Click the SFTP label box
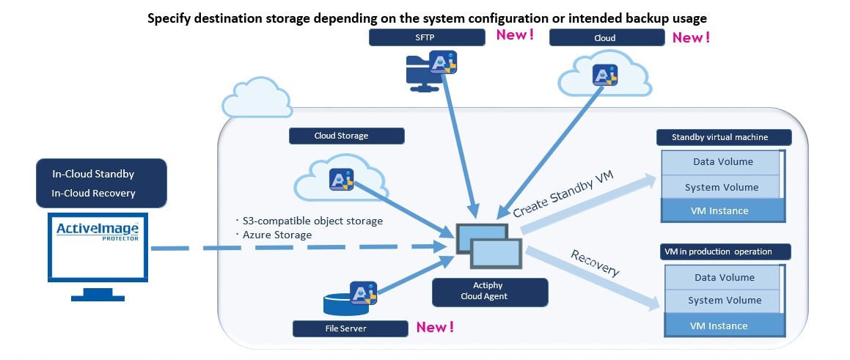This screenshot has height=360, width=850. [426, 37]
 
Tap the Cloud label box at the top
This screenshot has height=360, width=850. [606, 37]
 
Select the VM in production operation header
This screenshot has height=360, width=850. [722, 251]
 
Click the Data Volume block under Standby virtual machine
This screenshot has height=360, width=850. [722, 162]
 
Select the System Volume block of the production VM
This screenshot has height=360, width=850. [724, 301]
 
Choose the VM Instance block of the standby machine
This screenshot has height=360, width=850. [719, 211]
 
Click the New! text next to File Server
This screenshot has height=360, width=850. [435, 328]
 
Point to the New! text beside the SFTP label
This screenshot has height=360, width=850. [516, 34]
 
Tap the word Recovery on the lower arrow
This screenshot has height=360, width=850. [594, 262]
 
